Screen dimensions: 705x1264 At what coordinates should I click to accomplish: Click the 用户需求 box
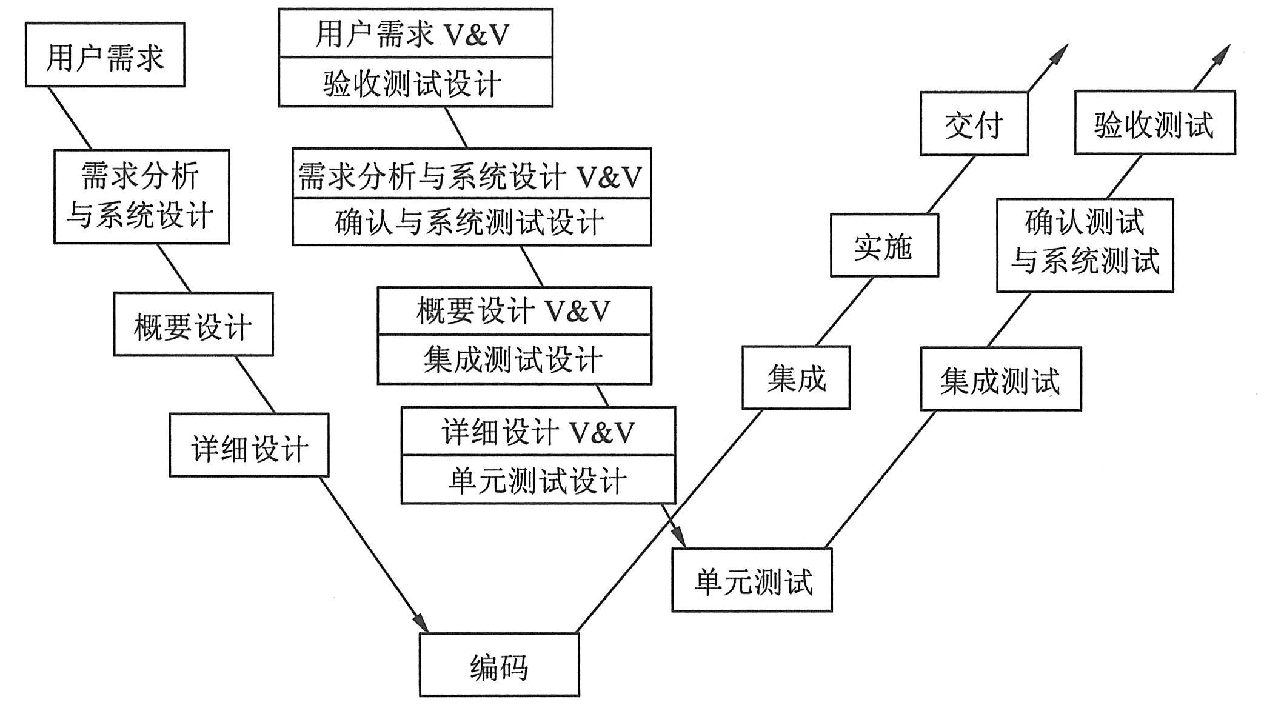(105, 55)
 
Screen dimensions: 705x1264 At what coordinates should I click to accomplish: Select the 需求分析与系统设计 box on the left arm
(141, 196)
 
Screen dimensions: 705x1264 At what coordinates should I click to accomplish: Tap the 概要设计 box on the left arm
(193, 324)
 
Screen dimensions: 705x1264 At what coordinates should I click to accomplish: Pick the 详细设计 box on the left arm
(249, 446)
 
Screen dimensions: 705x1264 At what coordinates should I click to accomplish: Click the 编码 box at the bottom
(499, 665)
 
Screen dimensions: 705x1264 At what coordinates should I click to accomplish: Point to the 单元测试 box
(752, 580)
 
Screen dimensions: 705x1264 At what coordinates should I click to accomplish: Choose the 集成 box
(796, 378)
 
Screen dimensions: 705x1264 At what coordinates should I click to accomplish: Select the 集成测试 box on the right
(1001, 379)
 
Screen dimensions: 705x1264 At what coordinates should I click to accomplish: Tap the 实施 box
(884, 245)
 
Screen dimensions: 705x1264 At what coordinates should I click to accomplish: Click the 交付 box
(974, 124)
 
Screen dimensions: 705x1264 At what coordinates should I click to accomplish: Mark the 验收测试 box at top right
(1154, 122)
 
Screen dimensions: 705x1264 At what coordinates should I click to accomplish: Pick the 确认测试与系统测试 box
(1085, 245)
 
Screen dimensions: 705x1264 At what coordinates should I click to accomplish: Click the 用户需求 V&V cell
(415, 34)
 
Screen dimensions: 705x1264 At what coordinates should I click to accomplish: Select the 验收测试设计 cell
(415, 82)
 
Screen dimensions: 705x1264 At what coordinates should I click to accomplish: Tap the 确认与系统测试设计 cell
(472, 222)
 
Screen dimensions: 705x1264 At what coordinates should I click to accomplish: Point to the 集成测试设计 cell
(514, 359)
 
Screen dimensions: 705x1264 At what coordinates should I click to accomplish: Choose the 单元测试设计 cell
(538, 479)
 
